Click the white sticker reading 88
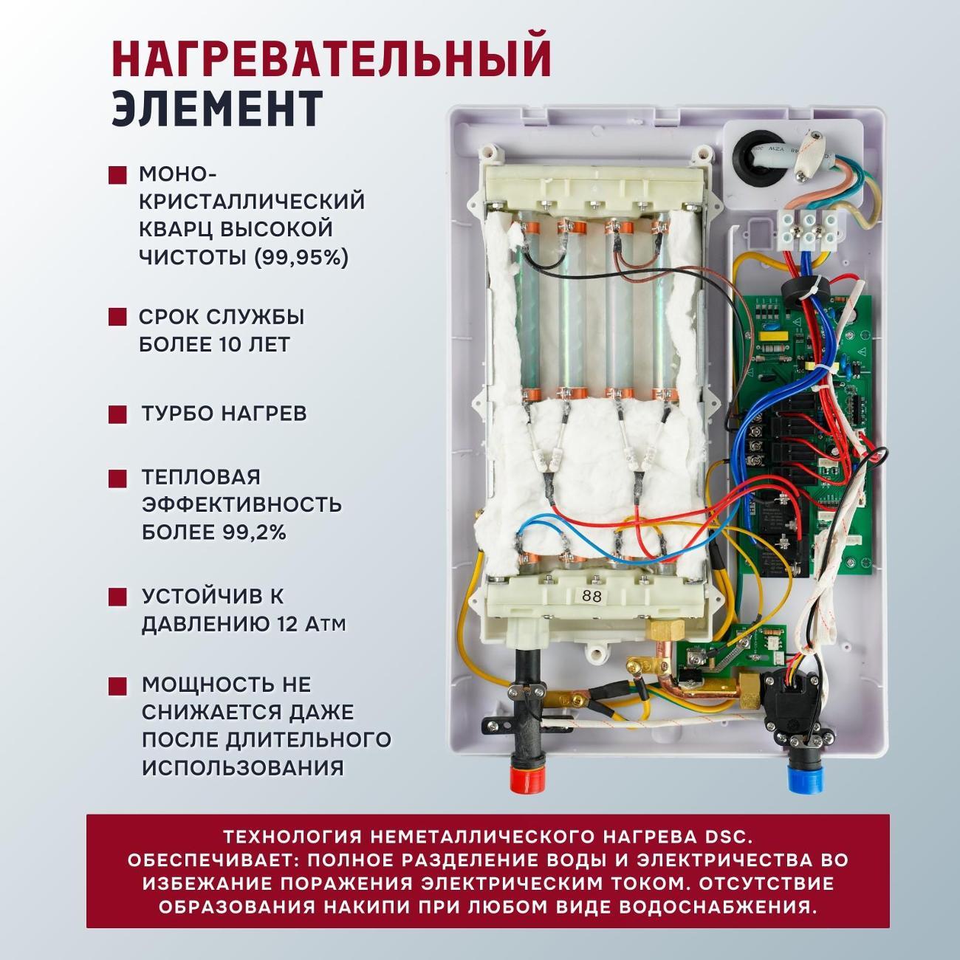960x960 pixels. tap(591, 597)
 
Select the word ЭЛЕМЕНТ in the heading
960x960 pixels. tap(216, 108)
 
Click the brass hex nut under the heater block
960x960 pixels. tap(659, 631)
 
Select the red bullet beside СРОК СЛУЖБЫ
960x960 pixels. tap(117, 318)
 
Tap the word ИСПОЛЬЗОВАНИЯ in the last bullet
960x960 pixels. tap(243, 768)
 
